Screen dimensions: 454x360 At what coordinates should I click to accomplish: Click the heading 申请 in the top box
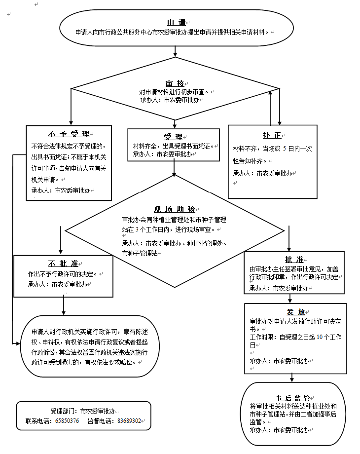176,23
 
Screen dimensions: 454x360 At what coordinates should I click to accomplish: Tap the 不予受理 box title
69,134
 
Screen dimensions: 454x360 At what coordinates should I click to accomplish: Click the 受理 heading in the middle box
173,137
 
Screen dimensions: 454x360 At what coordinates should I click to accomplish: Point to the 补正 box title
272,135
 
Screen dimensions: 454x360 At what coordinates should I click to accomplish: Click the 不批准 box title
62,263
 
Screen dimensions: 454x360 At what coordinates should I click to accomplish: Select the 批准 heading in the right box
293,260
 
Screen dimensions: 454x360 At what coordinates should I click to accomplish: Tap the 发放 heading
295,312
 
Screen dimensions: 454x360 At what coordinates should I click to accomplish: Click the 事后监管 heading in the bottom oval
293,398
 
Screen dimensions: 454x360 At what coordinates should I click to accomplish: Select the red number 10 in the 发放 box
319,337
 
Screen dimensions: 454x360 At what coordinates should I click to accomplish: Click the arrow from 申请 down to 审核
175,51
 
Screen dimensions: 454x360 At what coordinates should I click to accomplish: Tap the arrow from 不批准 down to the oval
64,305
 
